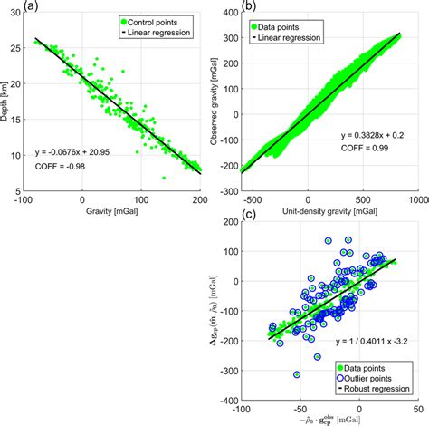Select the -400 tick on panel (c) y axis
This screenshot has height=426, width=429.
coord(226,399)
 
